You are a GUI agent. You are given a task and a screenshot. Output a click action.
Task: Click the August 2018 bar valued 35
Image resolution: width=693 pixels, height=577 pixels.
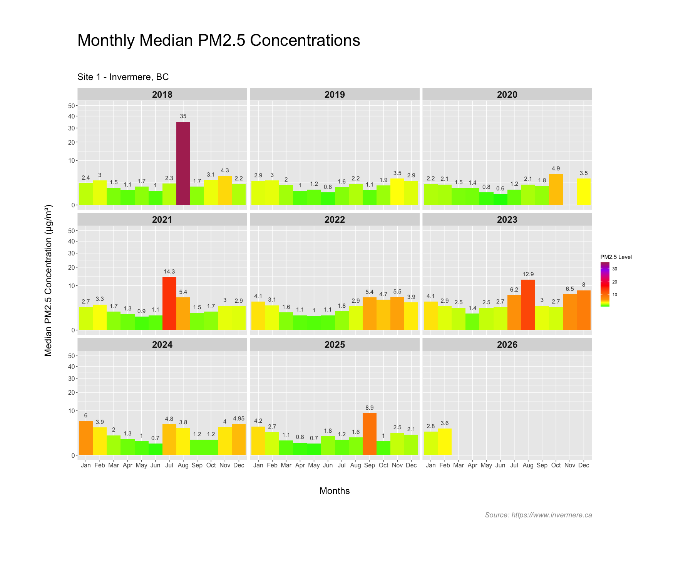183,163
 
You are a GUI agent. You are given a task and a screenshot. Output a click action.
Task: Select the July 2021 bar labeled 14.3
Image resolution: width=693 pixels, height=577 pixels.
169,304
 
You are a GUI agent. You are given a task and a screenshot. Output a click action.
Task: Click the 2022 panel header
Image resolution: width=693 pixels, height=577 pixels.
335,220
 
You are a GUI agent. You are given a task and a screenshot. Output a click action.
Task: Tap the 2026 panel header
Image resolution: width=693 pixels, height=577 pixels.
507,345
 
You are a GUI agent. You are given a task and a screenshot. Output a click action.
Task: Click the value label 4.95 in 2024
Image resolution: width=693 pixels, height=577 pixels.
239,419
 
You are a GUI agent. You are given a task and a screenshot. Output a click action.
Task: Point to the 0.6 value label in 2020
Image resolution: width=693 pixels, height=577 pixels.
500,188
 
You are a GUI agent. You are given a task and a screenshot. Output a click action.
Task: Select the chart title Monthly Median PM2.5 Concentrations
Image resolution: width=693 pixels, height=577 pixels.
219,40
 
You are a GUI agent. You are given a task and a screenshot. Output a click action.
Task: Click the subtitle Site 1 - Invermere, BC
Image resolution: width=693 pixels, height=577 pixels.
123,77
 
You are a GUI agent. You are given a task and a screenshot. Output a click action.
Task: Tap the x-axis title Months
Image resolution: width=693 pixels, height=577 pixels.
335,491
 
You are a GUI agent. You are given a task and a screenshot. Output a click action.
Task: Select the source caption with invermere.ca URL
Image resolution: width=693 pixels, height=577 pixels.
538,515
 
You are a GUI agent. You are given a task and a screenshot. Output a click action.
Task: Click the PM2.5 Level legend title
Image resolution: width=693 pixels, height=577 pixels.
616,257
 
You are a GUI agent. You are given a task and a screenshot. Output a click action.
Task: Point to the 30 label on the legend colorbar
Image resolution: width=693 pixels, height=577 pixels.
615,269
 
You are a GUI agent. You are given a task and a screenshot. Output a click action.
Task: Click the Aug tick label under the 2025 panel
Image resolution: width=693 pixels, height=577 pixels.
355,465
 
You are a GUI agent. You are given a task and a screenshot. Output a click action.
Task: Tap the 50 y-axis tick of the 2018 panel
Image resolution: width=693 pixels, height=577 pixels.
72,106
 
